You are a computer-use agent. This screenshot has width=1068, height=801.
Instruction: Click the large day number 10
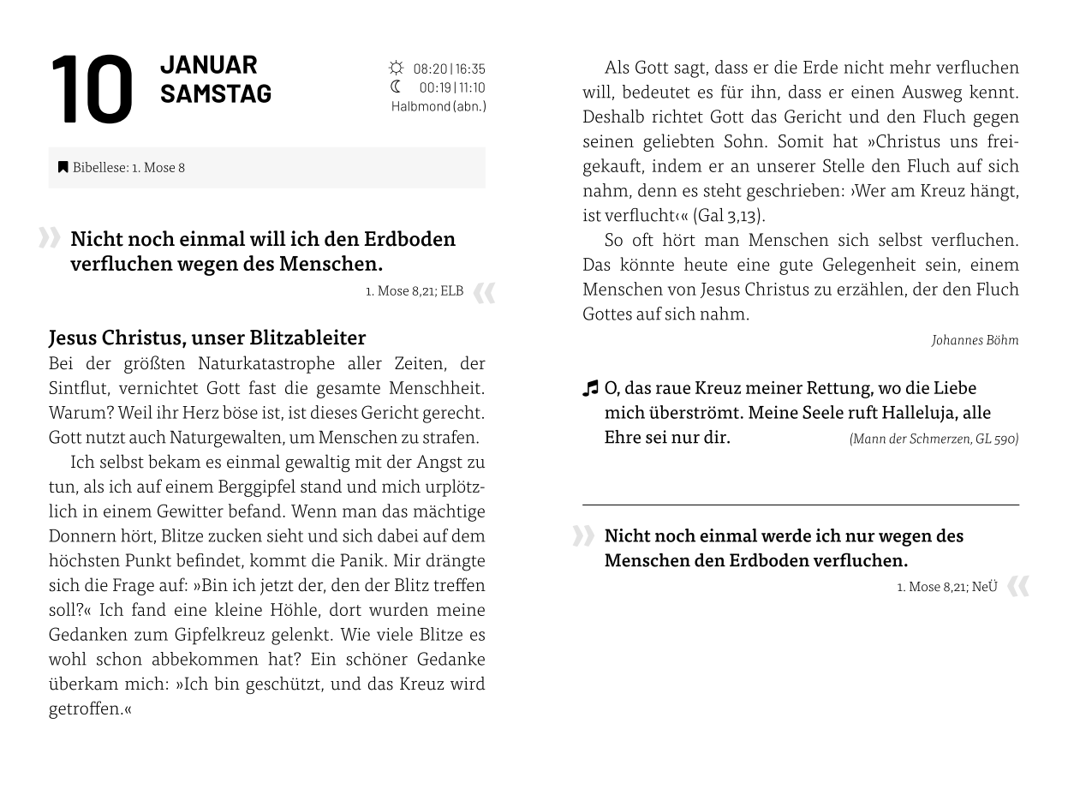point(92,90)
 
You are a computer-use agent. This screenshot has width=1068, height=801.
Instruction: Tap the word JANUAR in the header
point(208,65)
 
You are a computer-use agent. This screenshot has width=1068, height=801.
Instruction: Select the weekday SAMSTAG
point(215,93)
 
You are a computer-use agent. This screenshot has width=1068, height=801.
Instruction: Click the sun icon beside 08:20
point(396,68)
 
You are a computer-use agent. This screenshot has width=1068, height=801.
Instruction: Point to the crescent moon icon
point(396,87)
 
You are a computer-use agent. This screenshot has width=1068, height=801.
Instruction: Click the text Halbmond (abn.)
point(439,106)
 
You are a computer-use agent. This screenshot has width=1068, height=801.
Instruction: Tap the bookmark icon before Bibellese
point(63,167)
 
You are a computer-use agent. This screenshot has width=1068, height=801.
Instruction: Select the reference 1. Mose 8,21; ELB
point(415,291)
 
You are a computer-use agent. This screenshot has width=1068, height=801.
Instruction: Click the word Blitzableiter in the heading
point(307,338)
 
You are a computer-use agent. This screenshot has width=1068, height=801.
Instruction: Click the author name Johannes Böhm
point(975,340)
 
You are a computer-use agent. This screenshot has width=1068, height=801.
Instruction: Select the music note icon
point(590,389)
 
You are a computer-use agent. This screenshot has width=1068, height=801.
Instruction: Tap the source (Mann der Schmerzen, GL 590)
point(934,439)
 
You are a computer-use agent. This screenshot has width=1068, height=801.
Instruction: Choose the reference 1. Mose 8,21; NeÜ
point(947,587)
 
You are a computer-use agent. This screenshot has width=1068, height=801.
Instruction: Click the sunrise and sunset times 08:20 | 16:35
point(449,69)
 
